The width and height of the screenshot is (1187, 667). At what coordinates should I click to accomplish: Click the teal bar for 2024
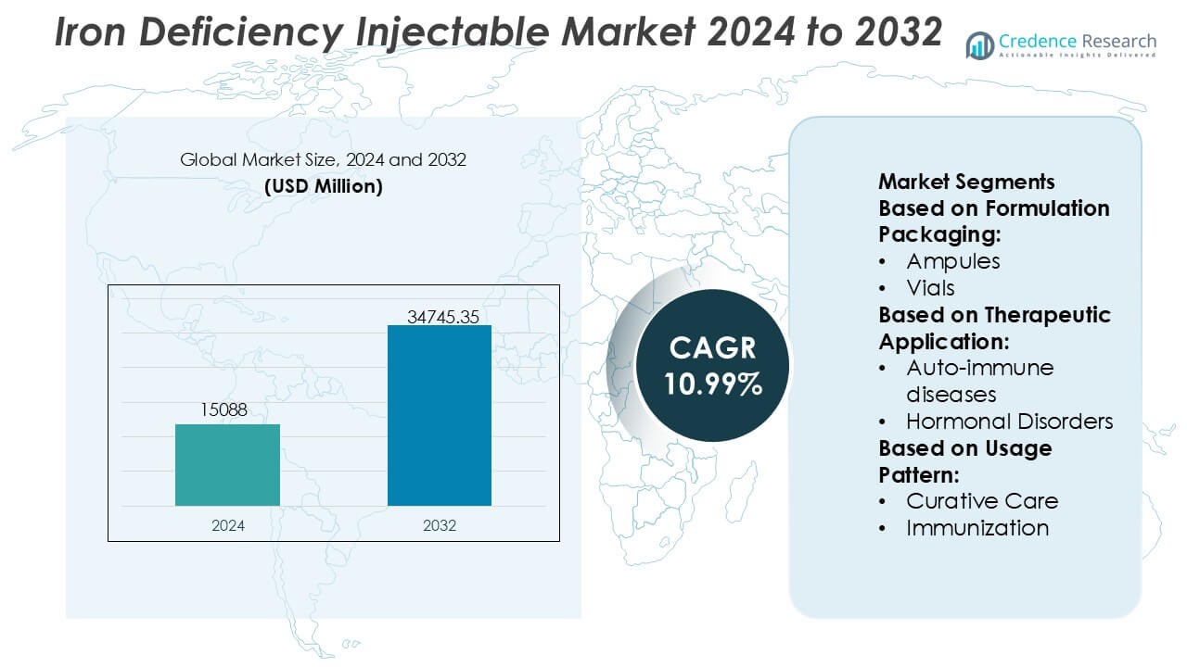tap(227, 465)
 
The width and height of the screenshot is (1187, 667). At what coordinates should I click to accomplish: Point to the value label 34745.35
tap(443, 317)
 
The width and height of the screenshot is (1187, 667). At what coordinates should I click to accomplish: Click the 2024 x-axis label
tap(227, 525)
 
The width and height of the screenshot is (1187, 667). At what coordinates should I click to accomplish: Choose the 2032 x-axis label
tap(440, 525)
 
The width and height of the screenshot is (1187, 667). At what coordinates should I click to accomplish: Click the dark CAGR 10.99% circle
tap(713, 366)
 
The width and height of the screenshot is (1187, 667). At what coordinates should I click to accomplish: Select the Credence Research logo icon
tap(979, 45)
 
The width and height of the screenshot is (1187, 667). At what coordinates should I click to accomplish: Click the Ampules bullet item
tap(952, 261)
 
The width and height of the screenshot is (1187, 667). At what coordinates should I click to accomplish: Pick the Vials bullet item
tap(930, 288)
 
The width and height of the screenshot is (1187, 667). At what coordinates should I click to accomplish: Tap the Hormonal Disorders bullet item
tap(1009, 422)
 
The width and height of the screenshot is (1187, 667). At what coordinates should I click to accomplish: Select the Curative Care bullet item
tap(981, 501)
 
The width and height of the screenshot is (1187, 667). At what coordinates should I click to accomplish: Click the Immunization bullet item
tap(977, 528)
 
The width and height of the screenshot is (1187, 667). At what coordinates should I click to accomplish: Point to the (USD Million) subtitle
tap(323, 186)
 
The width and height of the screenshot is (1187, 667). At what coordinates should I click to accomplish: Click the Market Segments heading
tap(966, 181)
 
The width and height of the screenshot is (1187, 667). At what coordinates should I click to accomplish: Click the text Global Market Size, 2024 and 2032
tap(323, 159)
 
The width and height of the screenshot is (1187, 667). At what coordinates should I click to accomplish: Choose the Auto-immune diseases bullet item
tap(979, 381)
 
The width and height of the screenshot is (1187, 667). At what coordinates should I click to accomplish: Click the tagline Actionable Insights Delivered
tap(1078, 56)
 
